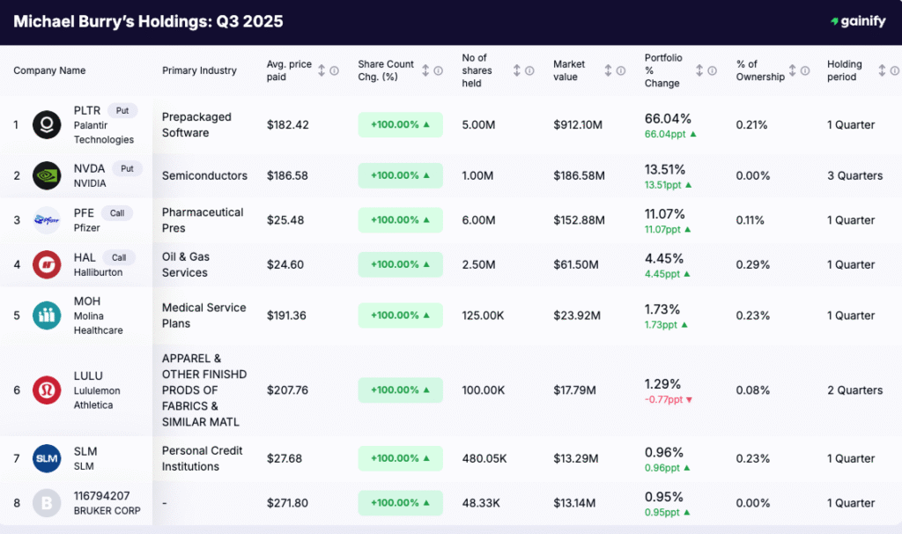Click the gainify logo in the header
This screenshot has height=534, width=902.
point(858,21)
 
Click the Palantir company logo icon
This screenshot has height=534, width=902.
point(47,125)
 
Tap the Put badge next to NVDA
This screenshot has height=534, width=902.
point(127,168)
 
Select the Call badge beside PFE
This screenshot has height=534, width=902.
point(117,213)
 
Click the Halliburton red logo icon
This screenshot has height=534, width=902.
point(47,264)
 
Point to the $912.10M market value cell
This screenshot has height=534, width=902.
point(578,125)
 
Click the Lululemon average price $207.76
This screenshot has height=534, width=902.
point(287,390)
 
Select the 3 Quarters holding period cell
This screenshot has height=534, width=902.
point(854,175)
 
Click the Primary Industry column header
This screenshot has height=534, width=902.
point(199,70)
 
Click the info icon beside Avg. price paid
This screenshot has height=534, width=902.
point(335,70)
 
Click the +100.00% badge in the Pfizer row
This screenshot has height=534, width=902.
point(400,219)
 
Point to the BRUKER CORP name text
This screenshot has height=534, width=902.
point(107,511)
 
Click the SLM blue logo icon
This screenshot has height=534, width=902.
point(47,458)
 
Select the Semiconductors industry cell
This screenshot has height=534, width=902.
point(204,175)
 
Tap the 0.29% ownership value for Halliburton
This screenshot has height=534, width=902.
point(751,264)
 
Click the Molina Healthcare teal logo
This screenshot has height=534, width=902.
point(47,315)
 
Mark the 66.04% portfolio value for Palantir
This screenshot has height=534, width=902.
point(668,118)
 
